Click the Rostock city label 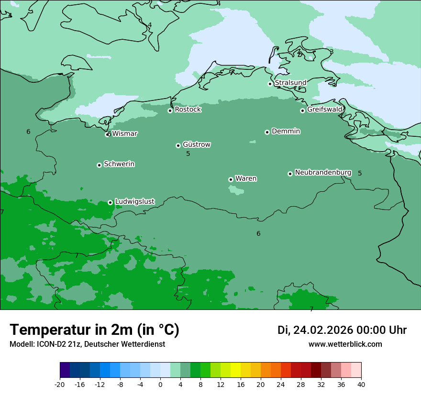(188, 110)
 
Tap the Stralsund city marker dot (270, 84)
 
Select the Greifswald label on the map (324, 110)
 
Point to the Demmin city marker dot (267, 132)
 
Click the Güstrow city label (196, 144)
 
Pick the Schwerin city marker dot (99, 165)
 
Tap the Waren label (246, 178)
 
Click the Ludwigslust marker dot (110, 202)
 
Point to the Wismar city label (124, 134)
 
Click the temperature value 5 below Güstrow (188, 154)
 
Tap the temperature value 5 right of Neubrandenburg (360, 174)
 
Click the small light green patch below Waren (236, 190)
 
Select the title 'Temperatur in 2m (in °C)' (94, 330)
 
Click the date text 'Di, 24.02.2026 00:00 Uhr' (342, 330)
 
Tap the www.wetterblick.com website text (345, 344)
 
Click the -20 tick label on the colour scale (60, 384)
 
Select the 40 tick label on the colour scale (361, 384)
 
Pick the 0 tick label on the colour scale (160, 384)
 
